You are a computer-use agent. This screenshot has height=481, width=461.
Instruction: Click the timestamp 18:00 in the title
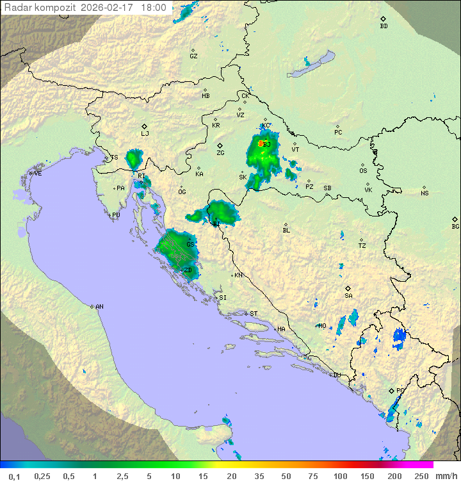154,8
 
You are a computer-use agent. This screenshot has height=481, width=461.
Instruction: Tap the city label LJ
145,133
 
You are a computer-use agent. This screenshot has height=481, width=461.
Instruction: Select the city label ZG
220,153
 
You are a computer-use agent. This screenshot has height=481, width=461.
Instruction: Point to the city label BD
384,26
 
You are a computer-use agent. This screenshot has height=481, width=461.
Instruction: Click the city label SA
348,295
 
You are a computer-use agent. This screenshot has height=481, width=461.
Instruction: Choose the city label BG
455,226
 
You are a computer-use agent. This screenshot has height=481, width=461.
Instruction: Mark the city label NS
425,193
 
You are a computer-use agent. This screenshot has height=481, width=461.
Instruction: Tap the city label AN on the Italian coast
99,307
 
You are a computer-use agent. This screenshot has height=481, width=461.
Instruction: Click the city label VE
38,174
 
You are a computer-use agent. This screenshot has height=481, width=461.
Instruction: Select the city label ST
254,314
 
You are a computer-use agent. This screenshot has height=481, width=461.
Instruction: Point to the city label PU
116,215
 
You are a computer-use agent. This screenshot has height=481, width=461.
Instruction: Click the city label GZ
193,56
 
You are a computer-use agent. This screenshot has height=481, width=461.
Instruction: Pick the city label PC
338,133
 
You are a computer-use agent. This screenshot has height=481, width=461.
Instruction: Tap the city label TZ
362,245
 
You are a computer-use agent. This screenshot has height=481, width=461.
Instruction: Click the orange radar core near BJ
261,143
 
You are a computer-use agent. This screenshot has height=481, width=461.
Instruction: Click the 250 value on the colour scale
421,476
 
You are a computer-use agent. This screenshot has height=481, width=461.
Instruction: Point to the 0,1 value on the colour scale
14,476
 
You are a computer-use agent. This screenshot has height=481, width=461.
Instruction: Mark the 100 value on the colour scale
340,476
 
